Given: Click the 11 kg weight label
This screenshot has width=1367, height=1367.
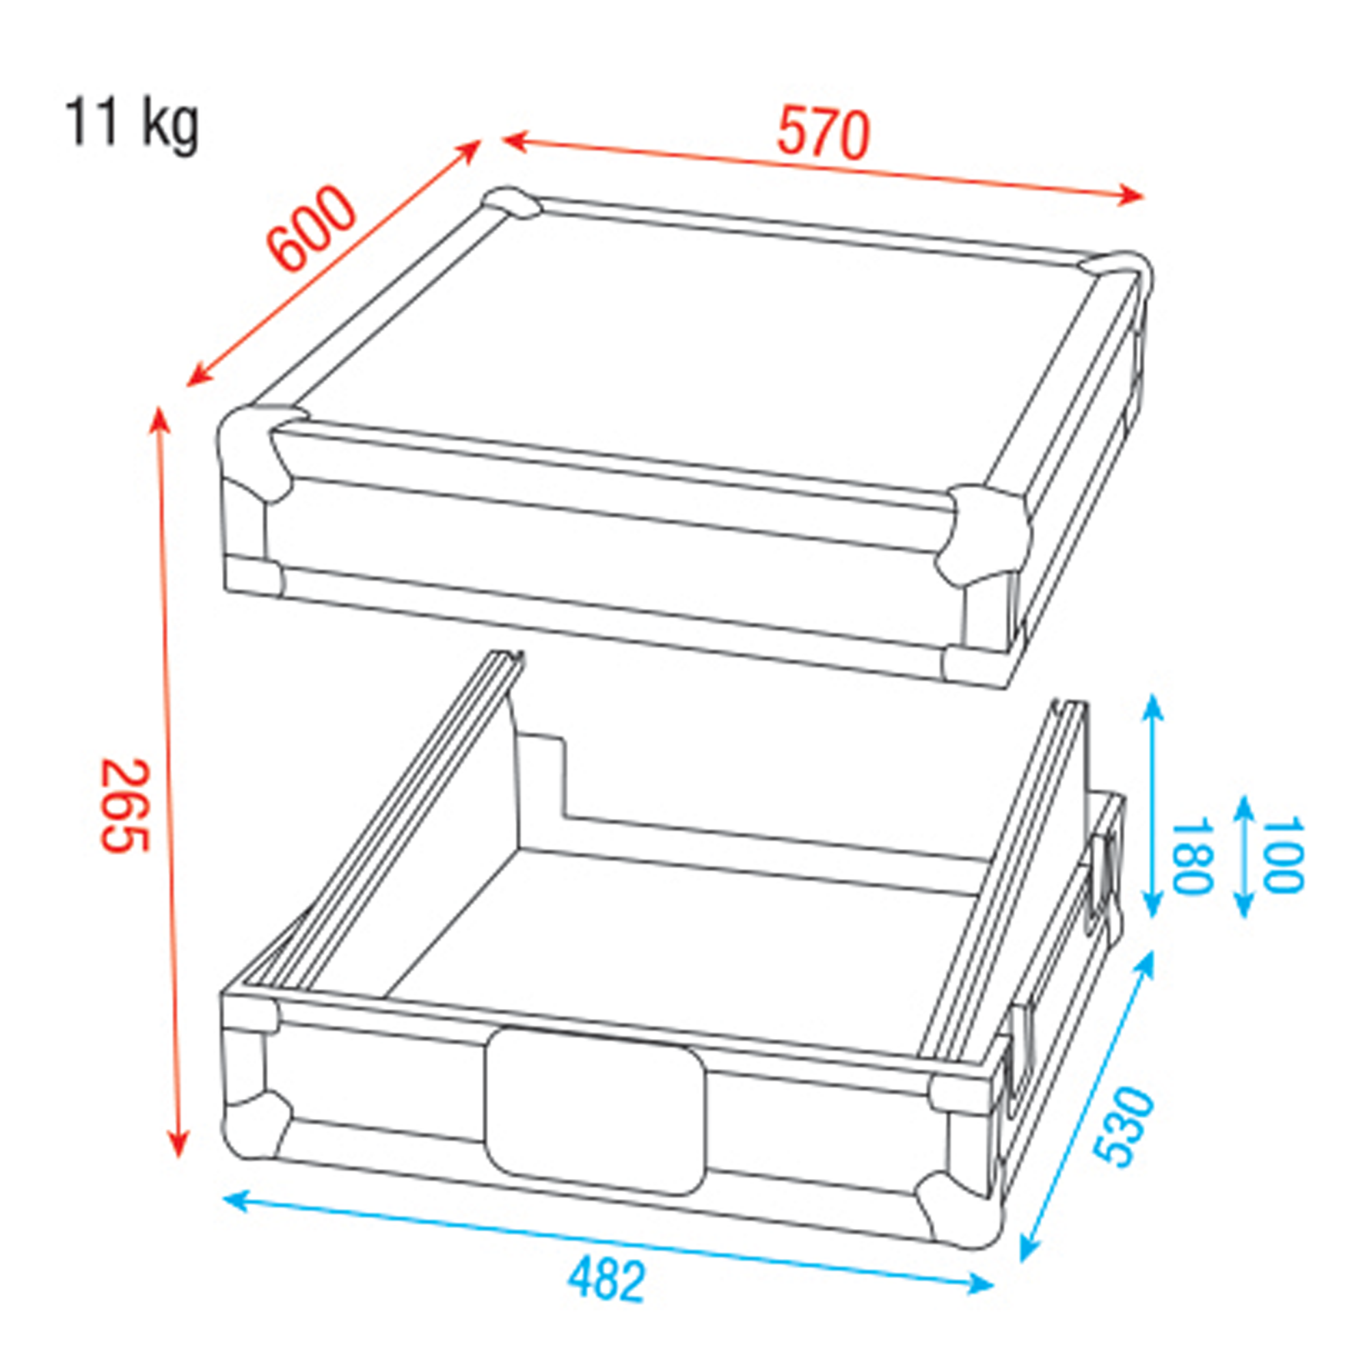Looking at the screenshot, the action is coord(132,124).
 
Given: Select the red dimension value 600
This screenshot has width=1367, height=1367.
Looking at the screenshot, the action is coord(310,228).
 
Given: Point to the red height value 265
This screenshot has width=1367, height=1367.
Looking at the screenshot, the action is coord(125,806).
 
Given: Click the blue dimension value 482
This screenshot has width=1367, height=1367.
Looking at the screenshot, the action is coord(607,1280).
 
